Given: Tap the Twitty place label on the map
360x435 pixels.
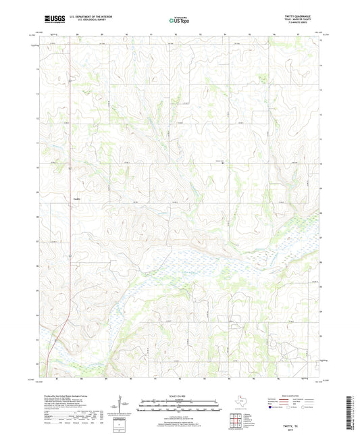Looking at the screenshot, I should pyautogui.click(x=76, y=198).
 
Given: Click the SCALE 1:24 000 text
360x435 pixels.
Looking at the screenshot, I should pyautogui.click(x=179, y=395).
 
